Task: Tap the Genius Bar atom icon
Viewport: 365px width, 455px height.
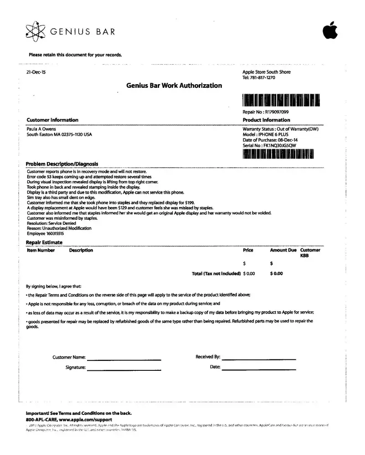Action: pyautogui.click(x=36, y=31)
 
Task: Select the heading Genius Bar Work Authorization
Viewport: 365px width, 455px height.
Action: pyautogui.click(x=174, y=86)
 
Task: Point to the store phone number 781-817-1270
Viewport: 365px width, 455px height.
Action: pyautogui.click(x=262, y=77)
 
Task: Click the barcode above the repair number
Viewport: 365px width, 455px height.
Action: pyautogui.click(x=282, y=100)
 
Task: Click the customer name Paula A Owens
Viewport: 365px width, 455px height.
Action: pyautogui.click(x=41, y=129)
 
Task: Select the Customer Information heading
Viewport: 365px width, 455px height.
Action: pyautogui.click(x=52, y=120)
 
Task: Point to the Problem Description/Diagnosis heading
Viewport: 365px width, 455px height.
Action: pyautogui.click(x=62, y=164)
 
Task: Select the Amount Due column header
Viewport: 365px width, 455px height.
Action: pyautogui.click(x=283, y=250)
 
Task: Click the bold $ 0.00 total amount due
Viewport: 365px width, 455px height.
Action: pyautogui.click(x=277, y=274)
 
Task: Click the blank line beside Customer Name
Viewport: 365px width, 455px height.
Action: pyautogui.click(x=124, y=359)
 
